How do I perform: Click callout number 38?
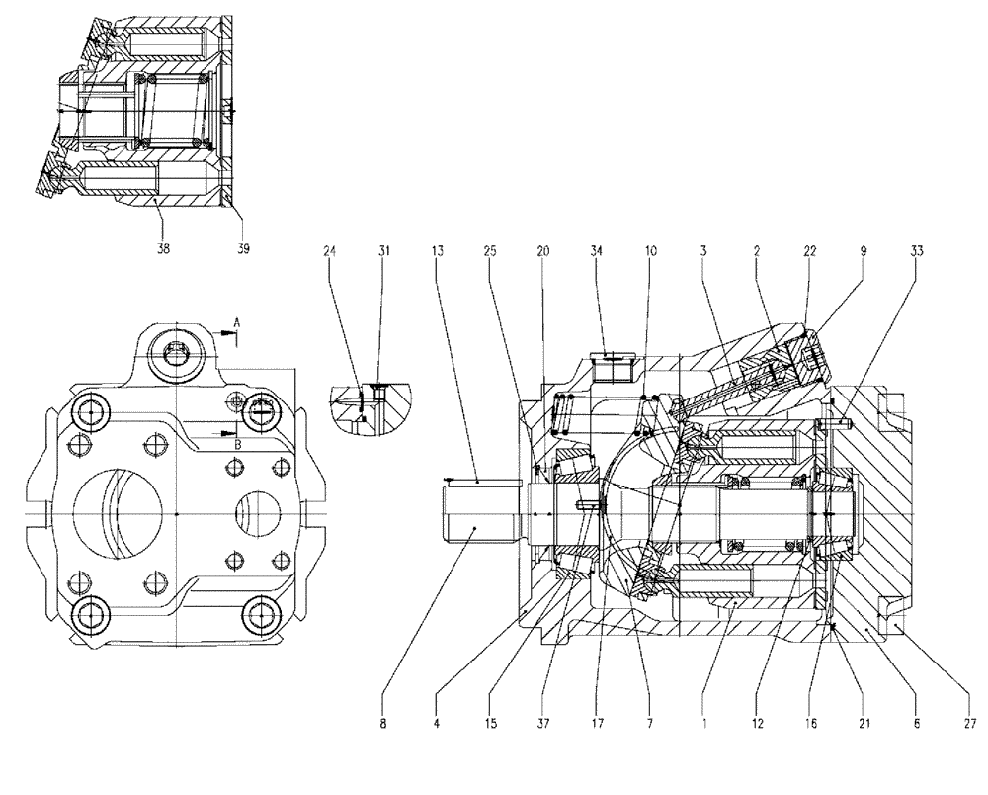(x=164, y=249)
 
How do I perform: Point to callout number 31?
(x=383, y=252)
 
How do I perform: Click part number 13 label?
(x=437, y=252)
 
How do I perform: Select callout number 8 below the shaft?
(x=383, y=724)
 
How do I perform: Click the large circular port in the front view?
(x=118, y=515)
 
